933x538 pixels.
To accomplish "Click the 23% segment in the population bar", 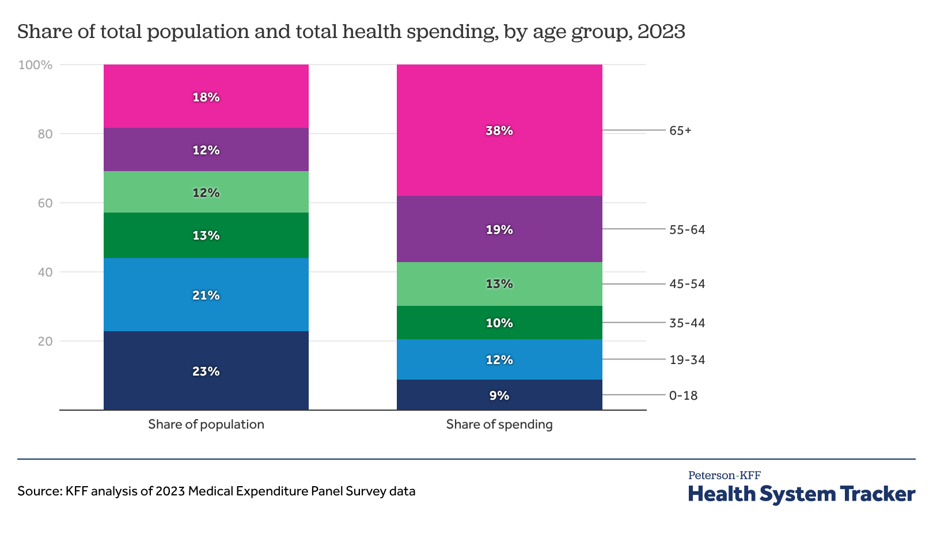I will pos(206,371).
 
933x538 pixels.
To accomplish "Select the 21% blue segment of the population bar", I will pos(206,295).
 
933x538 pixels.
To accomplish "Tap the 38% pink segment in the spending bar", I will pos(499,131).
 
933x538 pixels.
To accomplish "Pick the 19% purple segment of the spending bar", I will pos(499,229).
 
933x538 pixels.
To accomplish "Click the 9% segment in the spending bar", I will pos(499,395).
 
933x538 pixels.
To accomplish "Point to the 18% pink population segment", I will pos(206,97).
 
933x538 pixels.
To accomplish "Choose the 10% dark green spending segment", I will pos(499,323).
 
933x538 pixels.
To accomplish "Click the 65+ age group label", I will pos(680,131).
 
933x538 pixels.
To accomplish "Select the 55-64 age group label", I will pos(687,230).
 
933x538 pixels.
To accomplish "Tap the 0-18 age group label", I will pos(683,396).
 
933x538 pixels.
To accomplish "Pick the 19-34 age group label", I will pos(687,360).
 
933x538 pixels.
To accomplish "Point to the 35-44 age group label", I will pos(687,323).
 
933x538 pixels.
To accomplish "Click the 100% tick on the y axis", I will pos(36,65).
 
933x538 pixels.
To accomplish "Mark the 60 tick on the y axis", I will pos(45,203).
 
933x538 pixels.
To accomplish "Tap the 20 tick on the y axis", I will pos(45,342).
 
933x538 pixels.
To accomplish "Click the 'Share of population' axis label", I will pos(206,425).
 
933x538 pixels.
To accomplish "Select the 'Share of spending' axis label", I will pos(499,425).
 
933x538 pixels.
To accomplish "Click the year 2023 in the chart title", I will pos(661,32).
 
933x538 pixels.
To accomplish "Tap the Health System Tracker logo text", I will pos(801,494).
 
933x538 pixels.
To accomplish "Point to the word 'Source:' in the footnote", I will pos(39,491).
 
